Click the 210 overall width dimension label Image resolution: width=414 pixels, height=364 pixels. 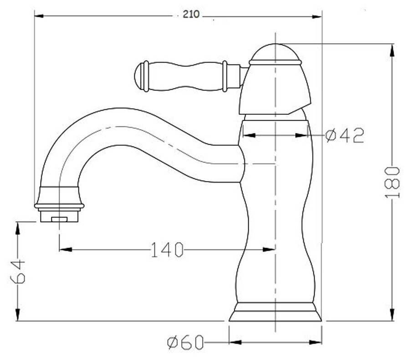tap(191, 14)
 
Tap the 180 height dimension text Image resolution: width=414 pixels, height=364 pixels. tap(392, 182)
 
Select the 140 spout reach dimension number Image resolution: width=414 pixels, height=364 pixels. tap(167, 249)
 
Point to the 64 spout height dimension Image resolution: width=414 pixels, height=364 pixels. tap(18, 272)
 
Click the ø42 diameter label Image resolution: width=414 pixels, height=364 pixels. tap(345, 135)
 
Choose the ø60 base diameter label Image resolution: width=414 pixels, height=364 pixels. tap(186, 342)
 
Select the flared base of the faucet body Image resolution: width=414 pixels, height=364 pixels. tap(275, 312)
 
